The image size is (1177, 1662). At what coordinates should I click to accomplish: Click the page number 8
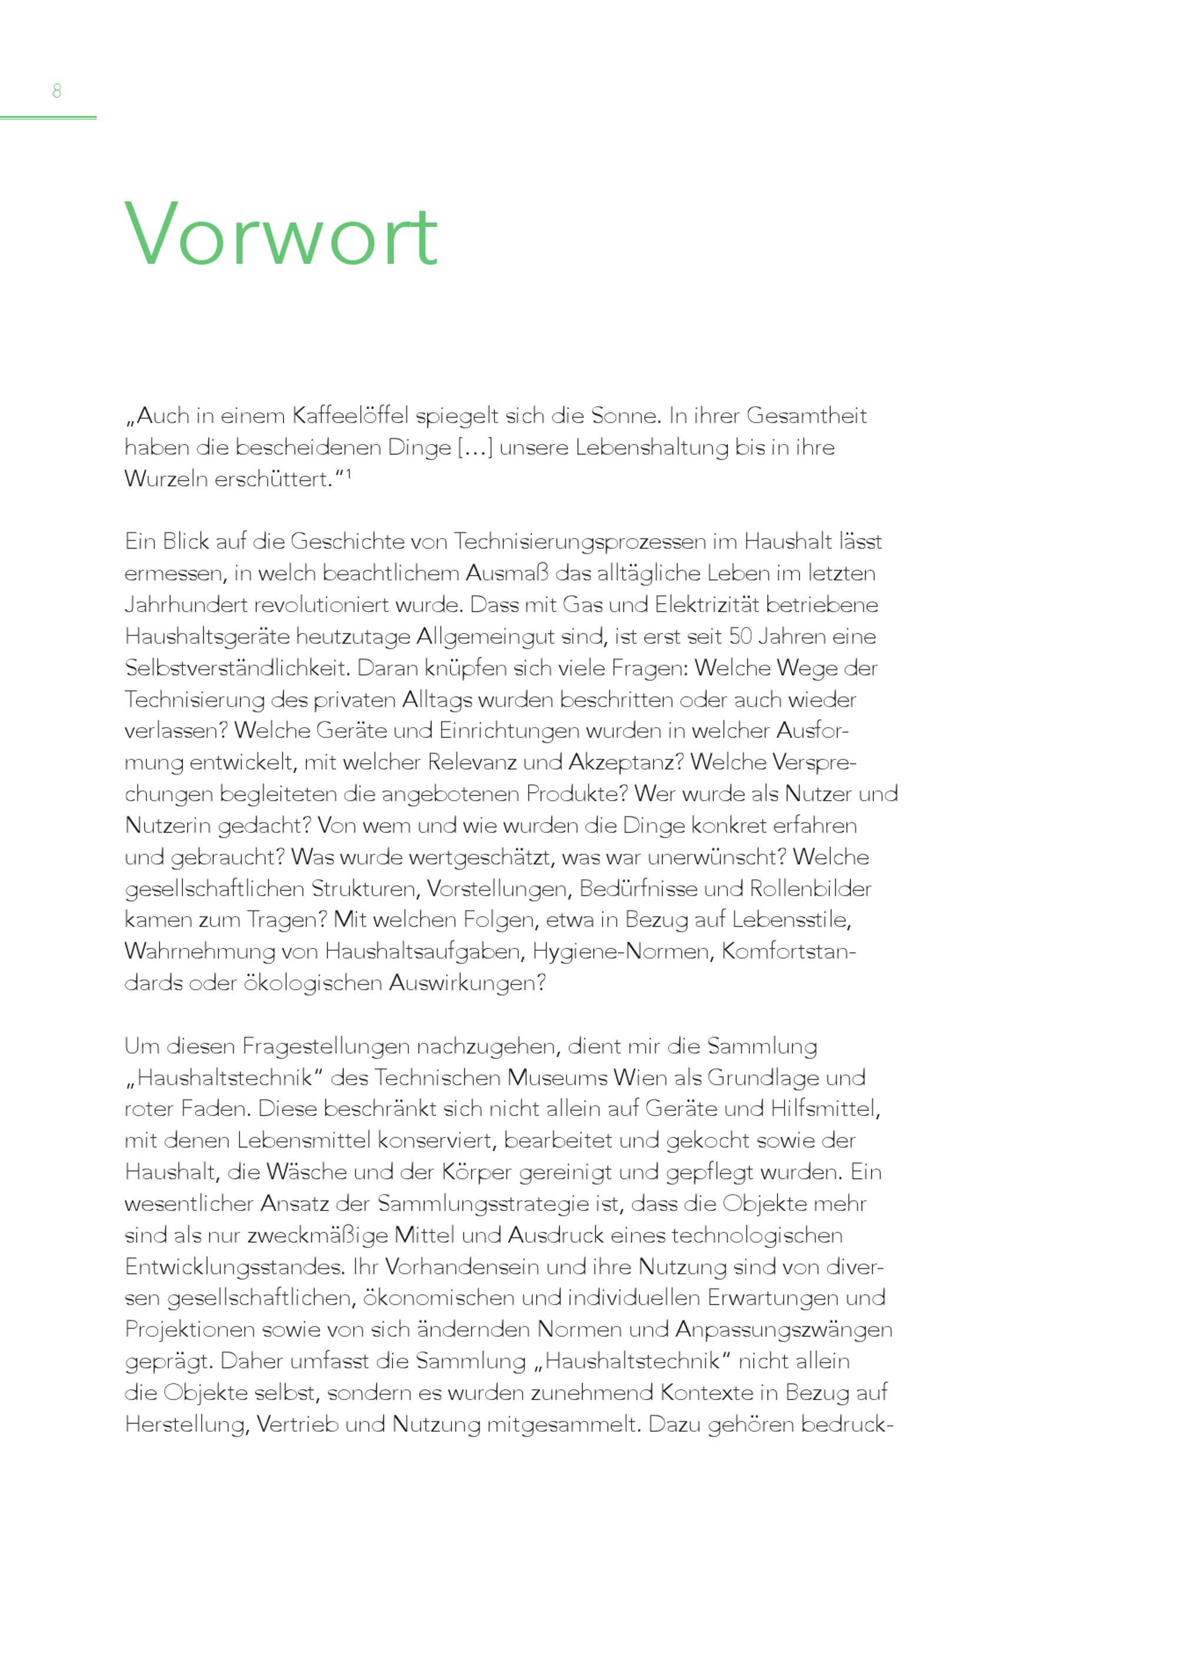point(56,91)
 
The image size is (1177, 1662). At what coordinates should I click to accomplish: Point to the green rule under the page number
point(48,117)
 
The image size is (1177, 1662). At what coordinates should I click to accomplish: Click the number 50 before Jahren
point(741,636)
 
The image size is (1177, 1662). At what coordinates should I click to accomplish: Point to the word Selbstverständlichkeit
point(237,668)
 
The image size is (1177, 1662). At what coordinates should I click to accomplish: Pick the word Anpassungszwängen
point(783,1329)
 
